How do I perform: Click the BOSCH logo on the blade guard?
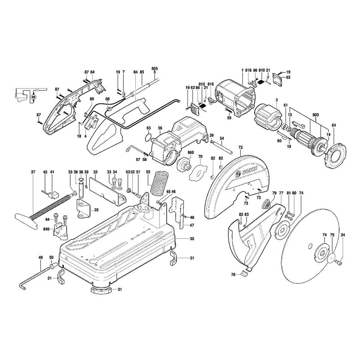249,171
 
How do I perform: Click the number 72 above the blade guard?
240,147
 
